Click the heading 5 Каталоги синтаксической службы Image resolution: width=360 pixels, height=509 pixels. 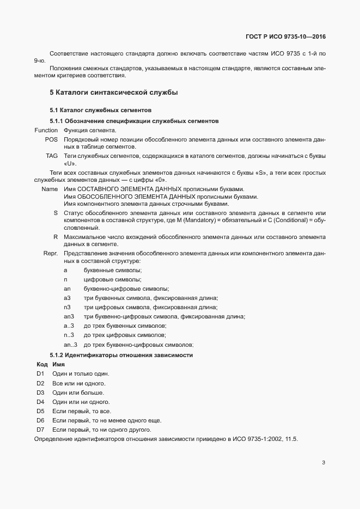pos(114,93)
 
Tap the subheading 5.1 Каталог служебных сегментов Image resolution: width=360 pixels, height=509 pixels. pos(97,111)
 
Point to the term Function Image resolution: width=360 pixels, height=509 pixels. pos(46,131)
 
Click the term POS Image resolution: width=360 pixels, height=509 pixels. pos(51,140)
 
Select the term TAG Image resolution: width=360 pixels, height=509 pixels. pos(52,156)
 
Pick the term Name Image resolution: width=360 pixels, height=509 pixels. pos(50,188)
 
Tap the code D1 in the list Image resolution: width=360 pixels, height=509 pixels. pos(40,374)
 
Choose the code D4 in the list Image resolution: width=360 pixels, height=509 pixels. pos(40,402)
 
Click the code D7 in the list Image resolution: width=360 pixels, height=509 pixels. pos(40,430)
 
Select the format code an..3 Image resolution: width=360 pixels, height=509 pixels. pos(70,345)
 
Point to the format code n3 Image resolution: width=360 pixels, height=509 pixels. pos(67,307)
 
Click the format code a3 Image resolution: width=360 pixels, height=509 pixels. pos(67,298)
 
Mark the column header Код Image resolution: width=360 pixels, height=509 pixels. pos(42,364)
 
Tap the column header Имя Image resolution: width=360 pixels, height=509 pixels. pos(58,364)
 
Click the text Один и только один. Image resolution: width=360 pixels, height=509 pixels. pos(81,374)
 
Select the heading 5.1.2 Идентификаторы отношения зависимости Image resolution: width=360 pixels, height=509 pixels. pos(121,355)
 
